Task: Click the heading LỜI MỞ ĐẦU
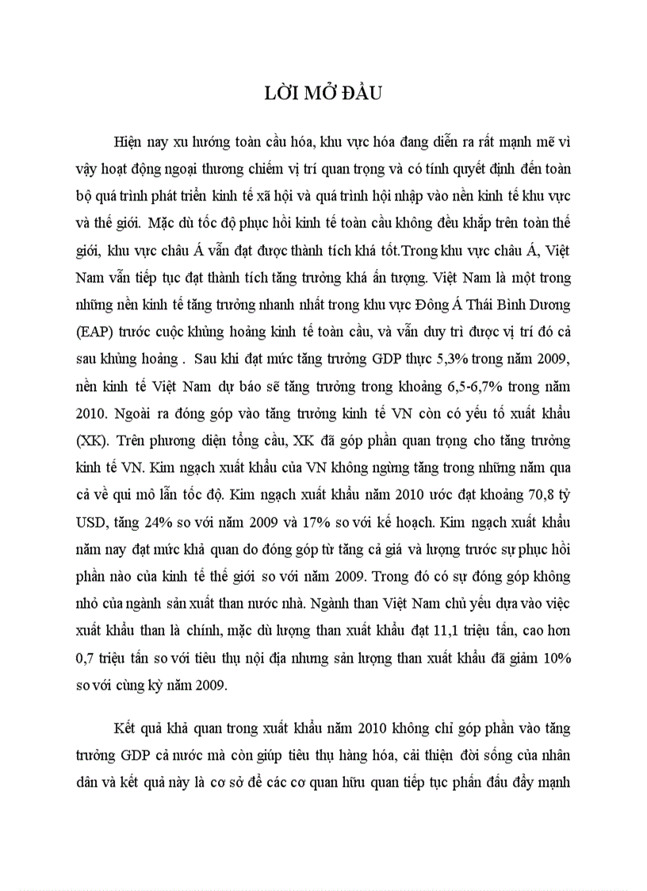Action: (x=323, y=94)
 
